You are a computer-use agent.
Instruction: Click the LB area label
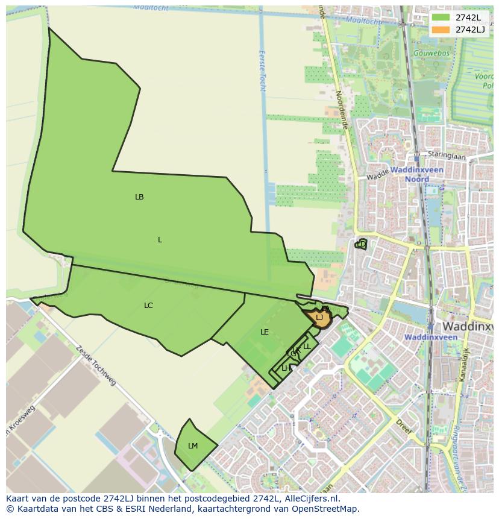coord(139,197)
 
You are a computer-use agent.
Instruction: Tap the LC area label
coord(148,306)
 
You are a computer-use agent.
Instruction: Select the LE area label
coord(265,332)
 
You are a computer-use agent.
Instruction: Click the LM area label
coord(193,446)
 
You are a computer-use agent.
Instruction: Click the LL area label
coord(307,347)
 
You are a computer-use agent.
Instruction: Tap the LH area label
coord(286,368)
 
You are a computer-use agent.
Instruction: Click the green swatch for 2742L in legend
coord(441,17)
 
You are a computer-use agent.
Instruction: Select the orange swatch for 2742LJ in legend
coord(441,30)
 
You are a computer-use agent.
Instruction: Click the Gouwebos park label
coord(431,53)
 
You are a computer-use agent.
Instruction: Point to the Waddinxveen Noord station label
coord(416,175)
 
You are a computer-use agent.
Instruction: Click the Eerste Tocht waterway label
coord(263,69)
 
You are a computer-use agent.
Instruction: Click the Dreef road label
coord(404,427)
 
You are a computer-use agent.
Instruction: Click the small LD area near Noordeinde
coord(362,244)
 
